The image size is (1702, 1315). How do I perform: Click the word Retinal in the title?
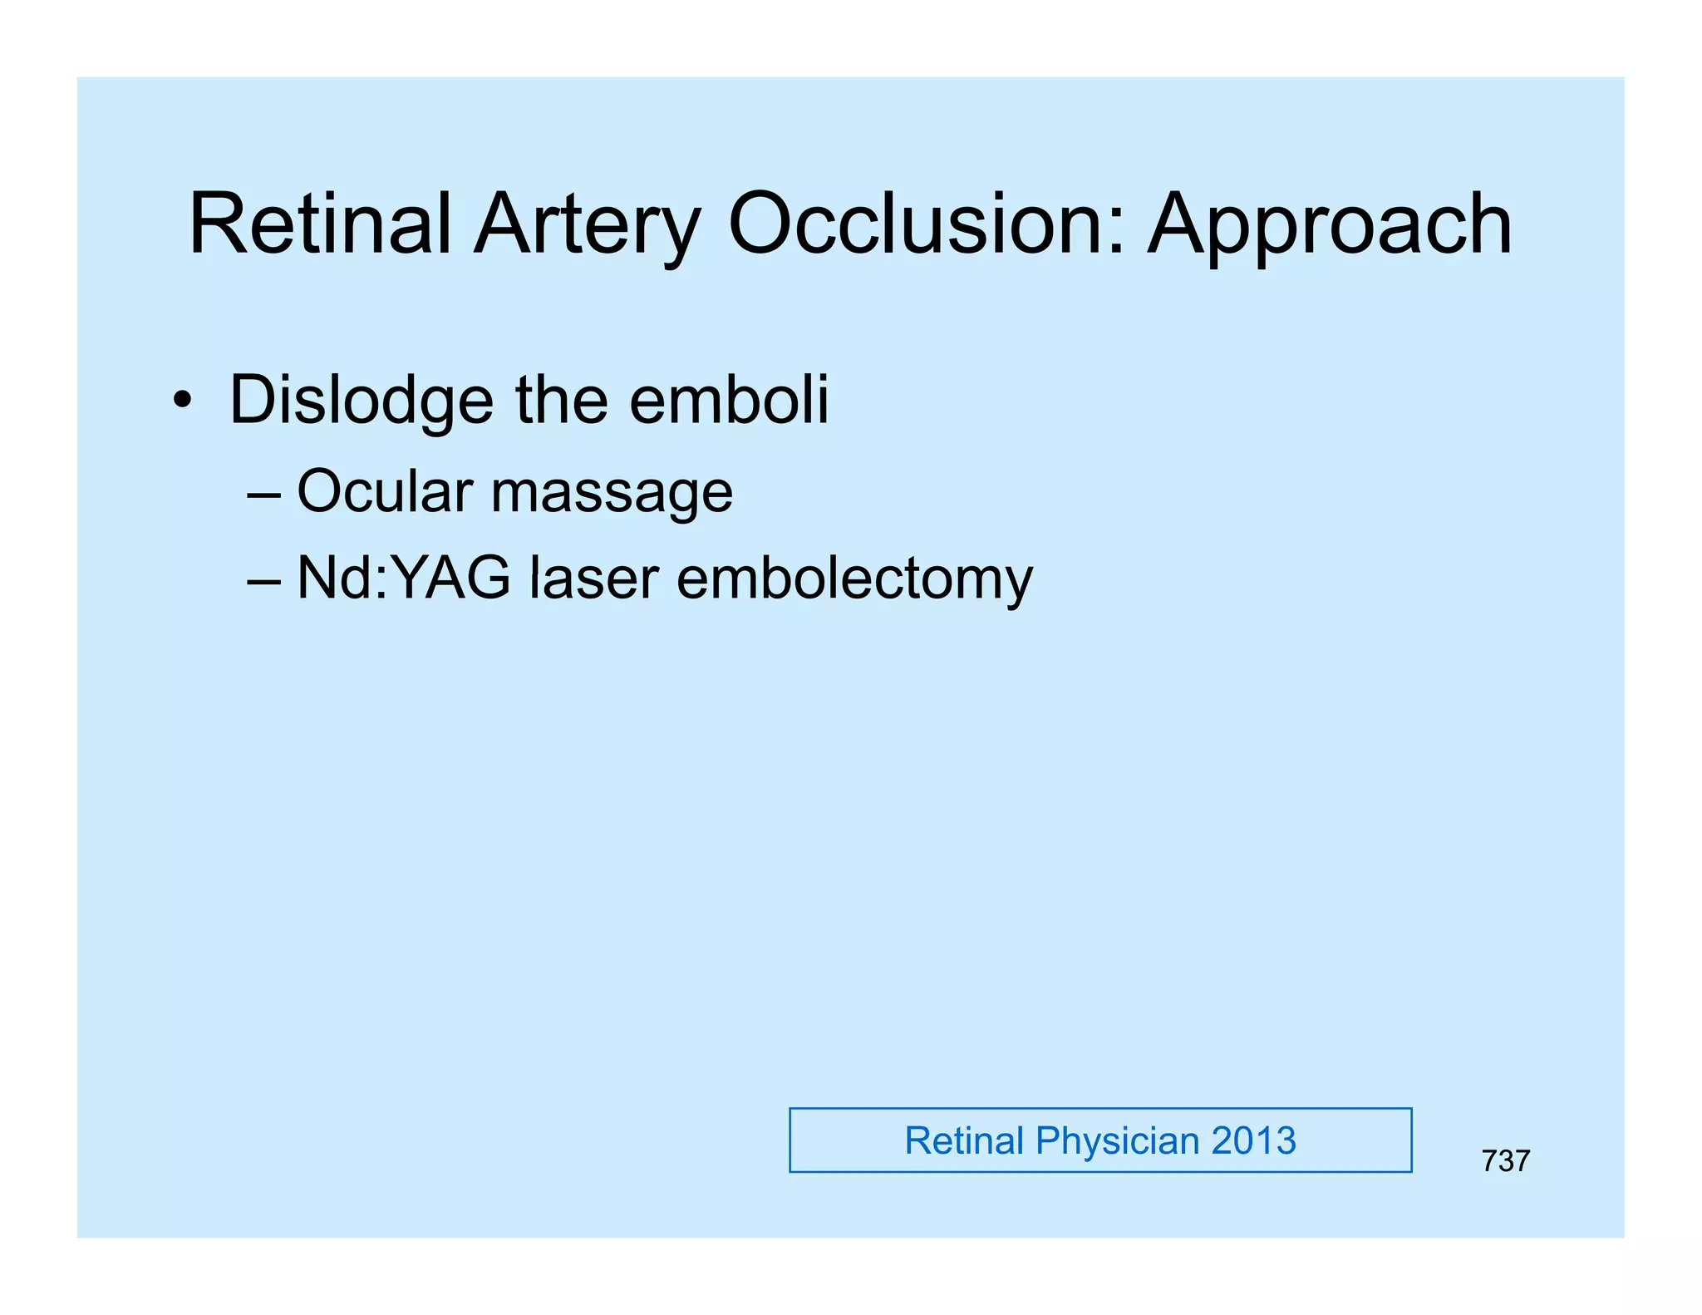(320, 224)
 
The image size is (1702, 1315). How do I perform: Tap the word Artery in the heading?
(588, 226)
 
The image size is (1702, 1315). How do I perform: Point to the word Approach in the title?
(1330, 226)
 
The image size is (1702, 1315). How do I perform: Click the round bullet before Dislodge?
(182, 401)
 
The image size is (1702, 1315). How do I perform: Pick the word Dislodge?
(361, 401)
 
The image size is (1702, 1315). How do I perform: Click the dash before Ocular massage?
(263, 494)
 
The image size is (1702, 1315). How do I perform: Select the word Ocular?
(385, 491)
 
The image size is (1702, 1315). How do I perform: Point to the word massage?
(612, 495)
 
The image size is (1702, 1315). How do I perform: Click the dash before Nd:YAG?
(263, 580)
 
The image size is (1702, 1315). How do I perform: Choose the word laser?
(594, 579)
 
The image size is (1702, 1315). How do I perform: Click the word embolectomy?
(854, 580)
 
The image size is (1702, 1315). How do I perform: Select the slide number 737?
(1505, 1161)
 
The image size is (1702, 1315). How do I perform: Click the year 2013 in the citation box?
(1253, 1140)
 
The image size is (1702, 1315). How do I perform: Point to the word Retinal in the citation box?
(964, 1140)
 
